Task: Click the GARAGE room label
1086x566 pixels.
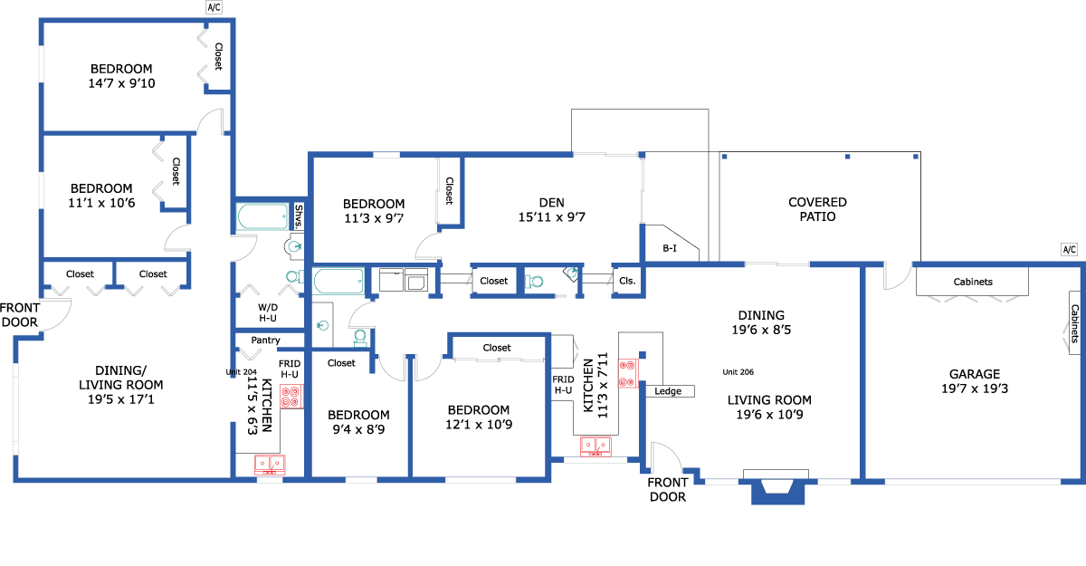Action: point(975,381)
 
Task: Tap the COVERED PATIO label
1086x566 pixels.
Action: point(817,209)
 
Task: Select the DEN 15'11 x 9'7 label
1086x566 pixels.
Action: point(552,210)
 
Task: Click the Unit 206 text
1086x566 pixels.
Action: point(738,372)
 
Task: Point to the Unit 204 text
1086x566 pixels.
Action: point(241,372)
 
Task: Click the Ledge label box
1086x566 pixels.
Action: point(668,391)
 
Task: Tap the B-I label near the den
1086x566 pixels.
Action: point(670,248)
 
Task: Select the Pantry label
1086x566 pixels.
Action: point(266,340)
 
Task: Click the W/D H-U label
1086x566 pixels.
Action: point(268,312)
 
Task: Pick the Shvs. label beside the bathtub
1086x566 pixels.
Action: point(299,216)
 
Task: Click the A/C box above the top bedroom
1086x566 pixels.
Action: point(214,7)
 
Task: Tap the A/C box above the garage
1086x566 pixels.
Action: point(1069,250)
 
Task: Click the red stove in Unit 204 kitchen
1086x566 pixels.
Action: point(291,397)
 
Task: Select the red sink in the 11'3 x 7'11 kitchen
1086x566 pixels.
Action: point(595,446)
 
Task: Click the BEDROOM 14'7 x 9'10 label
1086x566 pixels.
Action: point(121,76)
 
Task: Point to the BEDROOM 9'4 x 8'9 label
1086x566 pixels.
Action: point(358,422)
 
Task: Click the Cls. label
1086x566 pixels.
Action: point(627,281)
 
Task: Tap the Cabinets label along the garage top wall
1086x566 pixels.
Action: point(973,282)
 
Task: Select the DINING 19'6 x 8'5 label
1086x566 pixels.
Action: point(761,322)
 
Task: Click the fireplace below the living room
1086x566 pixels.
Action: point(777,486)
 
